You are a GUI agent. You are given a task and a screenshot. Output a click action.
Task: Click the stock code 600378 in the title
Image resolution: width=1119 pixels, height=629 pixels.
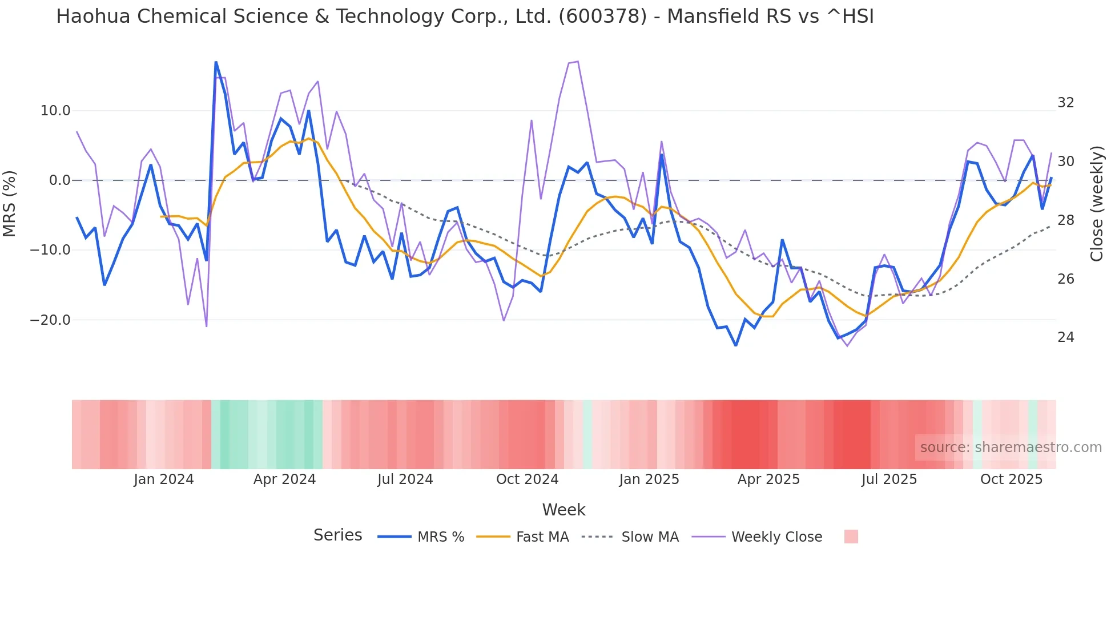click(x=602, y=17)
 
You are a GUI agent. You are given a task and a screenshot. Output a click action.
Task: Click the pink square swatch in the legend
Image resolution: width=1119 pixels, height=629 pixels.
click(x=851, y=537)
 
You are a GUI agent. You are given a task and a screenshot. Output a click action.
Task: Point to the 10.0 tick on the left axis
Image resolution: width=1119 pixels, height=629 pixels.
click(x=55, y=111)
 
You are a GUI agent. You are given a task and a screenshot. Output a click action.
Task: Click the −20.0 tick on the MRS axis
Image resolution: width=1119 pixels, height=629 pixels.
click(x=50, y=320)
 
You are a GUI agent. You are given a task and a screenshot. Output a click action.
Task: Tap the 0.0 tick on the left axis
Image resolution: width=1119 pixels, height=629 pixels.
click(x=59, y=180)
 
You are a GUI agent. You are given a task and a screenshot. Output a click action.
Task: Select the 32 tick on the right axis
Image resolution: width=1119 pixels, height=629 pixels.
click(x=1065, y=103)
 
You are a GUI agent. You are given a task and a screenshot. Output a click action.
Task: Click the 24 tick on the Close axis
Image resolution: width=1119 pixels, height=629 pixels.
click(x=1065, y=337)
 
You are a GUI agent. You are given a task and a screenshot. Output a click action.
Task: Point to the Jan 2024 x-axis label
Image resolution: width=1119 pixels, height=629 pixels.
click(x=164, y=479)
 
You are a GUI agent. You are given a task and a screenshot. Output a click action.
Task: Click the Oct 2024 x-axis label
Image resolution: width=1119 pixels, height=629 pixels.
click(x=527, y=479)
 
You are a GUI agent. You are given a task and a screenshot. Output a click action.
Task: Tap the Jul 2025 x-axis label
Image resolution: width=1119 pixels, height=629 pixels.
click(x=889, y=479)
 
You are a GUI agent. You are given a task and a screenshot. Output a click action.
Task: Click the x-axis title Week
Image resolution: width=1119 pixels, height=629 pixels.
click(x=563, y=510)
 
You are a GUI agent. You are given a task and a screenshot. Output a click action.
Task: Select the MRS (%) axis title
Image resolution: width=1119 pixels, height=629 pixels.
click(x=10, y=203)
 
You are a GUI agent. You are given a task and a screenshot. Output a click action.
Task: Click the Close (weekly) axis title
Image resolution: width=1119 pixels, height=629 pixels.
click(x=1096, y=203)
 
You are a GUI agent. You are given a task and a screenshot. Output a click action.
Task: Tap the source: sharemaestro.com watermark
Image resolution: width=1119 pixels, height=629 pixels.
click(x=1011, y=447)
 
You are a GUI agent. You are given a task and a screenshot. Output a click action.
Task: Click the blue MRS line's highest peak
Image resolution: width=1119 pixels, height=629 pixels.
click(x=216, y=62)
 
